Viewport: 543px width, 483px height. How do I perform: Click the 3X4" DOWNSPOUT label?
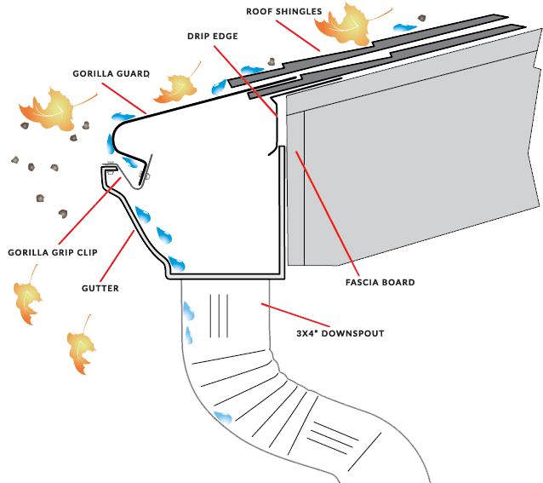(x=340, y=333)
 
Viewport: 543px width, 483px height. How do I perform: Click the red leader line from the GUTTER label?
(x=119, y=256)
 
